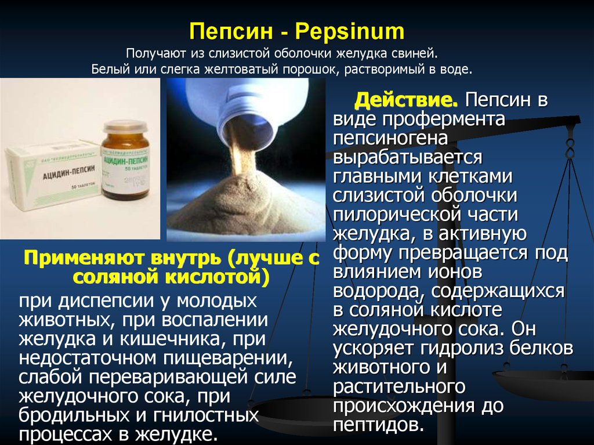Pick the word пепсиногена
pos(390,139)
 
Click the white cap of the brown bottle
pos(125,126)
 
